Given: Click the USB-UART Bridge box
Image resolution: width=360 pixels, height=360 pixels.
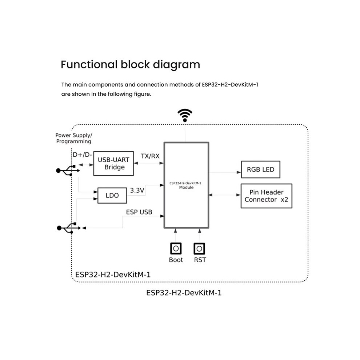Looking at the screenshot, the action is point(113,164).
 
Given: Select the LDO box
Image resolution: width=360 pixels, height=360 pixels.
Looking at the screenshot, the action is point(112,195).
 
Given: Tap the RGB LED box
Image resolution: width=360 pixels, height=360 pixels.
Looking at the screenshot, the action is point(261,169).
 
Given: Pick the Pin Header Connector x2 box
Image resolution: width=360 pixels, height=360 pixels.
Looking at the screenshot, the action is point(266,196).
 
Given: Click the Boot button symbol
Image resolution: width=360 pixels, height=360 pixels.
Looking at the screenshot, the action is point(176,248).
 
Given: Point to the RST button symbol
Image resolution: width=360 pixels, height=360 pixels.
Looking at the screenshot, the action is point(199,249).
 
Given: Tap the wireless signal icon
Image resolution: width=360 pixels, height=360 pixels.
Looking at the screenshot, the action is point(185,115).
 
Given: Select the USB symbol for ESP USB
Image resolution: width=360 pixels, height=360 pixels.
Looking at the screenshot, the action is point(69,228).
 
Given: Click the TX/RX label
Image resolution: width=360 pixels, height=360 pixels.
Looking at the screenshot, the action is point(150,156).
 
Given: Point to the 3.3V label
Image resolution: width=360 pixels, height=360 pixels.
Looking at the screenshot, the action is point(137,190).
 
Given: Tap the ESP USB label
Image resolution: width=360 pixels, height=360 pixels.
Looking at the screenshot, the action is point(139,212).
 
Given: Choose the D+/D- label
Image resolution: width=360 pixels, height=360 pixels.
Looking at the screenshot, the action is point(83,155).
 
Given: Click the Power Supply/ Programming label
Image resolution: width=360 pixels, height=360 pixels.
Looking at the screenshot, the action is point(74,138).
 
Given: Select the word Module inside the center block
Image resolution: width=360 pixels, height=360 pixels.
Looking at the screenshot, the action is point(186,187).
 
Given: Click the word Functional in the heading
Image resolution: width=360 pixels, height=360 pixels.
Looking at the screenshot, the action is point(89,64).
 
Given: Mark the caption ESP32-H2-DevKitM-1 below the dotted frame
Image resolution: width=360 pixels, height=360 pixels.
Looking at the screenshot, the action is point(184,293).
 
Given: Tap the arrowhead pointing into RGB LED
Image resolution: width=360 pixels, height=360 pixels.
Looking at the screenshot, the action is point(239,172).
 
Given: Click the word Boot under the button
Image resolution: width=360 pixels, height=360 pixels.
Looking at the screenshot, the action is point(176,260).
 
